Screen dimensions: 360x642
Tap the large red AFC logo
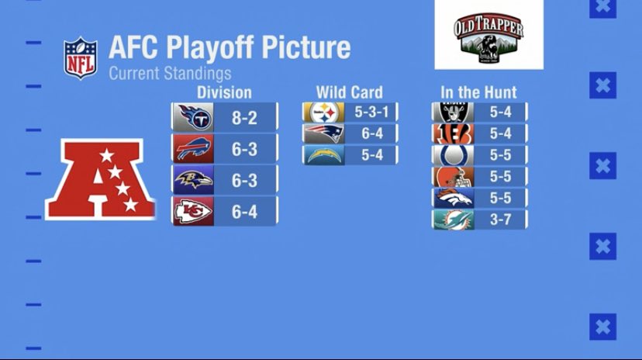(x=95, y=178)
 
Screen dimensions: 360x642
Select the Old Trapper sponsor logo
(x=488, y=35)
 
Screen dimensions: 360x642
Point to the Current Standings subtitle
(x=170, y=74)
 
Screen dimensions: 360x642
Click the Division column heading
(x=224, y=92)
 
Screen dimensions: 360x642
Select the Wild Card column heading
(x=349, y=92)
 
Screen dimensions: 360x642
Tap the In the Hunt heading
(x=478, y=92)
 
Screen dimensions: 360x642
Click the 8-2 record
(x=244, y=119)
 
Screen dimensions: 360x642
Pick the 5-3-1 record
(x=371, y=112)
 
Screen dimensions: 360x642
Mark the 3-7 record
(x=500, y=220)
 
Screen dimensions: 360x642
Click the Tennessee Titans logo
(x=193, y=118)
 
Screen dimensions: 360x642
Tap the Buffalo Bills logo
(x=193, y=149)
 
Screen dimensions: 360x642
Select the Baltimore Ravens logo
(x=193, y=180)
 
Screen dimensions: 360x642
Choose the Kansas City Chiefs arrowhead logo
(x=193, y=211)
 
